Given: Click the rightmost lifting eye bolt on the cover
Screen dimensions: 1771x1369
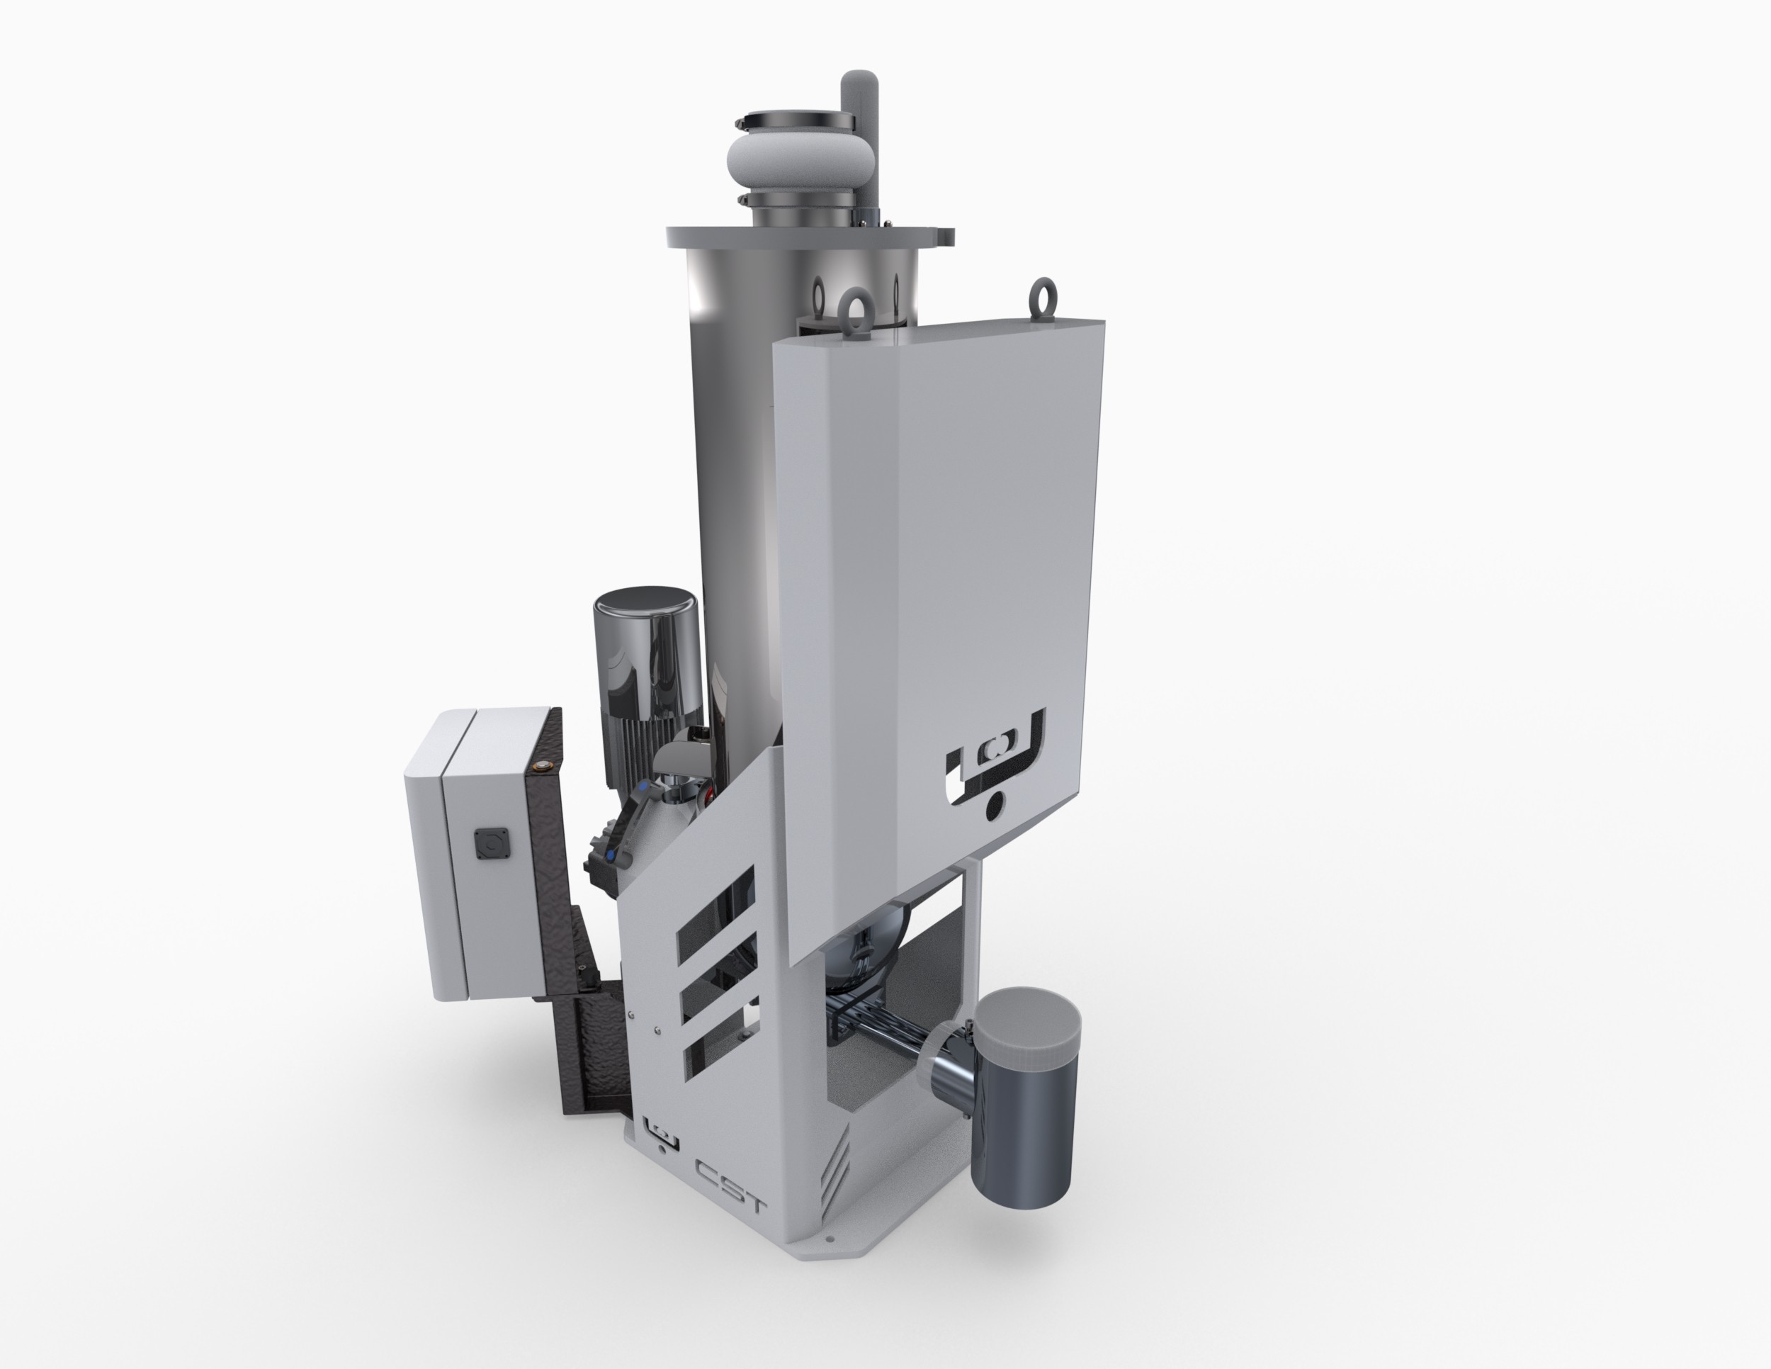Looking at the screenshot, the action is tap(1041, 298).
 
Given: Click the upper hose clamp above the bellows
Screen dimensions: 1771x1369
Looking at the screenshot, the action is tap(795, 122).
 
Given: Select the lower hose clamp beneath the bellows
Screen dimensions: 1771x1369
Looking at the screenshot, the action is tap(795, 198).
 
